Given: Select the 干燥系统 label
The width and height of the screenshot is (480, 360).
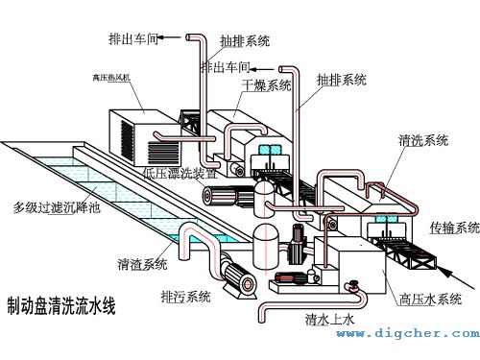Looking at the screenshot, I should [x=266, y=86].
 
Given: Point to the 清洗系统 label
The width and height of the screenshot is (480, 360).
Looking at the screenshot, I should [x=423, y=141].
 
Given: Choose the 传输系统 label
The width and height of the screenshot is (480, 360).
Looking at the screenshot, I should [x=454, y=228].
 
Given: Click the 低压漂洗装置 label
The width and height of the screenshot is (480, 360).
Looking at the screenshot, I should [x=180, y=174].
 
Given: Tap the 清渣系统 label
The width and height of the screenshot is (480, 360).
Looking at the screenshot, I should [x=142, y=263].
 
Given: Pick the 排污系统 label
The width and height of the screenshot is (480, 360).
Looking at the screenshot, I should [x=185, y=296].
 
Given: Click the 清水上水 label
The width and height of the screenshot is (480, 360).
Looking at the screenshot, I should [x=330, y=319].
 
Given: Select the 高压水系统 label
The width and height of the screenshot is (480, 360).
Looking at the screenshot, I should [x=430, y=299].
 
